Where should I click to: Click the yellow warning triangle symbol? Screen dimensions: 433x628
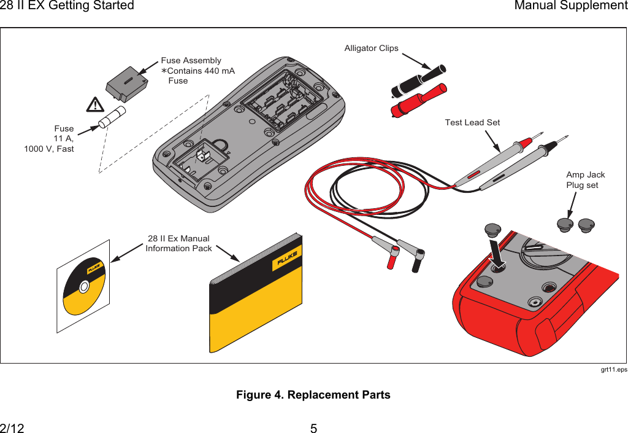[x=95, y=104]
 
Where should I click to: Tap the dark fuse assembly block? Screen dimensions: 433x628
[x=126, y=84]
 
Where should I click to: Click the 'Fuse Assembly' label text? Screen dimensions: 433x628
[x=191, y=60]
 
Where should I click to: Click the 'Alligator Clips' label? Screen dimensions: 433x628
[x=371, y=48]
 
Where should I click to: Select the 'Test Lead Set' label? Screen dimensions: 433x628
[x=472, y=122]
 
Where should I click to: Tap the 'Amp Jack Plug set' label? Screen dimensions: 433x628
[x=585, y=180]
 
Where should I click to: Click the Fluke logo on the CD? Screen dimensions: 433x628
[x=94, y=268]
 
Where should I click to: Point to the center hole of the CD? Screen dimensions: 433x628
[x=84, y=286]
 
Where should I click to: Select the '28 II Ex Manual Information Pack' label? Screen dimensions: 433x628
[x=178, y=243]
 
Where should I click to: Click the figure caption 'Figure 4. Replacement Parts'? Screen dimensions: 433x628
[x=313, y=394]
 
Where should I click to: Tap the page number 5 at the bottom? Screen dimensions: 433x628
[x=313, y=428]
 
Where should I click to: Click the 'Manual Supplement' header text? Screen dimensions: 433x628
[x=570, y=6]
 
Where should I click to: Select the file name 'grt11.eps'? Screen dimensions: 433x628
[x=614, y=370]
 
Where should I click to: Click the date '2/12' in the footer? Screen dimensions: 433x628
[x=12, y=428]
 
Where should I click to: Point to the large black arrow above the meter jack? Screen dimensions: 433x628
[x=497, y=254]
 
